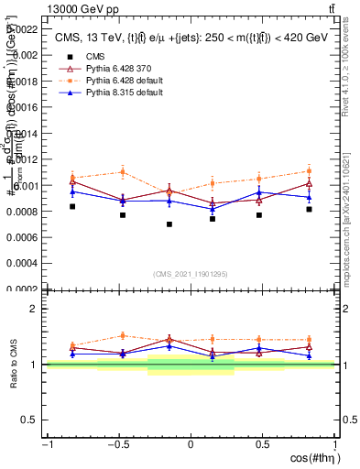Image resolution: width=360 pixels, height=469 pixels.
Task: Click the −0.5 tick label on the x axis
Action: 117,445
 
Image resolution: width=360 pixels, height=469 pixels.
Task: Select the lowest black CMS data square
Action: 169,224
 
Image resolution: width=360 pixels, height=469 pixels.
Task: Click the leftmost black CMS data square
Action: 72,207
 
